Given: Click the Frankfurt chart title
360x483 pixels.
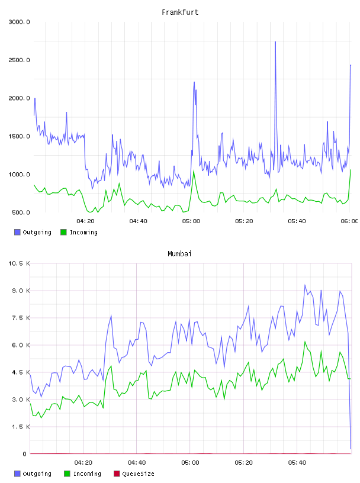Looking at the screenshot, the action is (180, 12).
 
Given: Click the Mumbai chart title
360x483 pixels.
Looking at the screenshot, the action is (179, 254).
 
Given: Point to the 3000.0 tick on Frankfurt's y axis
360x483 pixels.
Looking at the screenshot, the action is (19, 22).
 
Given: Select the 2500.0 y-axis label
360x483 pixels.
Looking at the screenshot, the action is (19, 60).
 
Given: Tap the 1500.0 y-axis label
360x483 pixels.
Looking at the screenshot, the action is (19, 137).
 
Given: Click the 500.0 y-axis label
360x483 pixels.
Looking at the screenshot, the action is (21, 212).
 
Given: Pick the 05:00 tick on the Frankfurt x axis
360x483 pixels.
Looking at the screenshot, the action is (191, 221).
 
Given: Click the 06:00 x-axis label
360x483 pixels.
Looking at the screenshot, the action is (349, 221).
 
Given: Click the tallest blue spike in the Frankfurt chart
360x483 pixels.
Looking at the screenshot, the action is (275, 42).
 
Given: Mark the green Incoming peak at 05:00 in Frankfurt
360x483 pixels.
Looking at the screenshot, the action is (194, 170).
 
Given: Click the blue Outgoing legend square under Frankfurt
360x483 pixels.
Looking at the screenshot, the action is (17, 232).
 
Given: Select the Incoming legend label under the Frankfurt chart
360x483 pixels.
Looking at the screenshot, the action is (83, 232).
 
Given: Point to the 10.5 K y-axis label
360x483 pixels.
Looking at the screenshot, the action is (19, 263).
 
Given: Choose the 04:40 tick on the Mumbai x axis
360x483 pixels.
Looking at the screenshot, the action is (137, 463).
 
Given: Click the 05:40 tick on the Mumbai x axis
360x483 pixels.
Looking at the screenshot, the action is (297, 463).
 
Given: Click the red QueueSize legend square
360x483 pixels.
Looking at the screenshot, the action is (117, 474).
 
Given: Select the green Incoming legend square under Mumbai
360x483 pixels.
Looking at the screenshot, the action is (67, 474).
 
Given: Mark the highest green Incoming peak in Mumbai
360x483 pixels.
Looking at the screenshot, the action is (305, 342).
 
